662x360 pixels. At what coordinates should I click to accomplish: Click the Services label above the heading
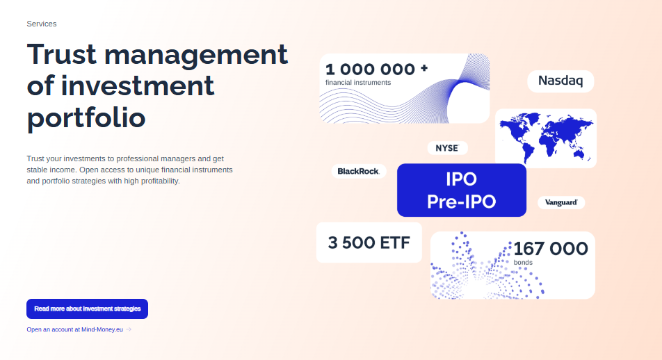tap(42, 24)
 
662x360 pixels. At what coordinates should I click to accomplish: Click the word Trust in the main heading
tap(62, 54)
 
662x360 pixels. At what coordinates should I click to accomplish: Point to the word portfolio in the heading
tap(86, 118)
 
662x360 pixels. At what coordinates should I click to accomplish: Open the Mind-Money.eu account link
tap(74, 329)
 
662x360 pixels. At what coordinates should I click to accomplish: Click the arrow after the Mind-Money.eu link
tap(129, 329)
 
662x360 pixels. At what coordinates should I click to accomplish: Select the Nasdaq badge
tap(560, 81)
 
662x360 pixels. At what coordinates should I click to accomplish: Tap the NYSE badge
tap(447, 148)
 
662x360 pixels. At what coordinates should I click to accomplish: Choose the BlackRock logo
tap(358, 172)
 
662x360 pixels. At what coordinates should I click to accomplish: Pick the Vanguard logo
tap(561, 202)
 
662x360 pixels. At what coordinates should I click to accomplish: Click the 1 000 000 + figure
tap(377, 69)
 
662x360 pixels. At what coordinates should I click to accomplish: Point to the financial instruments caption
tap(358, 83)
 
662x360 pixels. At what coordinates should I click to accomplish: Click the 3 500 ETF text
tap(369, 243)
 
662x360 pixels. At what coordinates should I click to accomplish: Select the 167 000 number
tap(551, 249)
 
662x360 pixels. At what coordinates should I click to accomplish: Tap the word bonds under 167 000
tap(523, 263)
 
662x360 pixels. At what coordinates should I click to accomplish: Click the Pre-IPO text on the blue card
tap(462, 202)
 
